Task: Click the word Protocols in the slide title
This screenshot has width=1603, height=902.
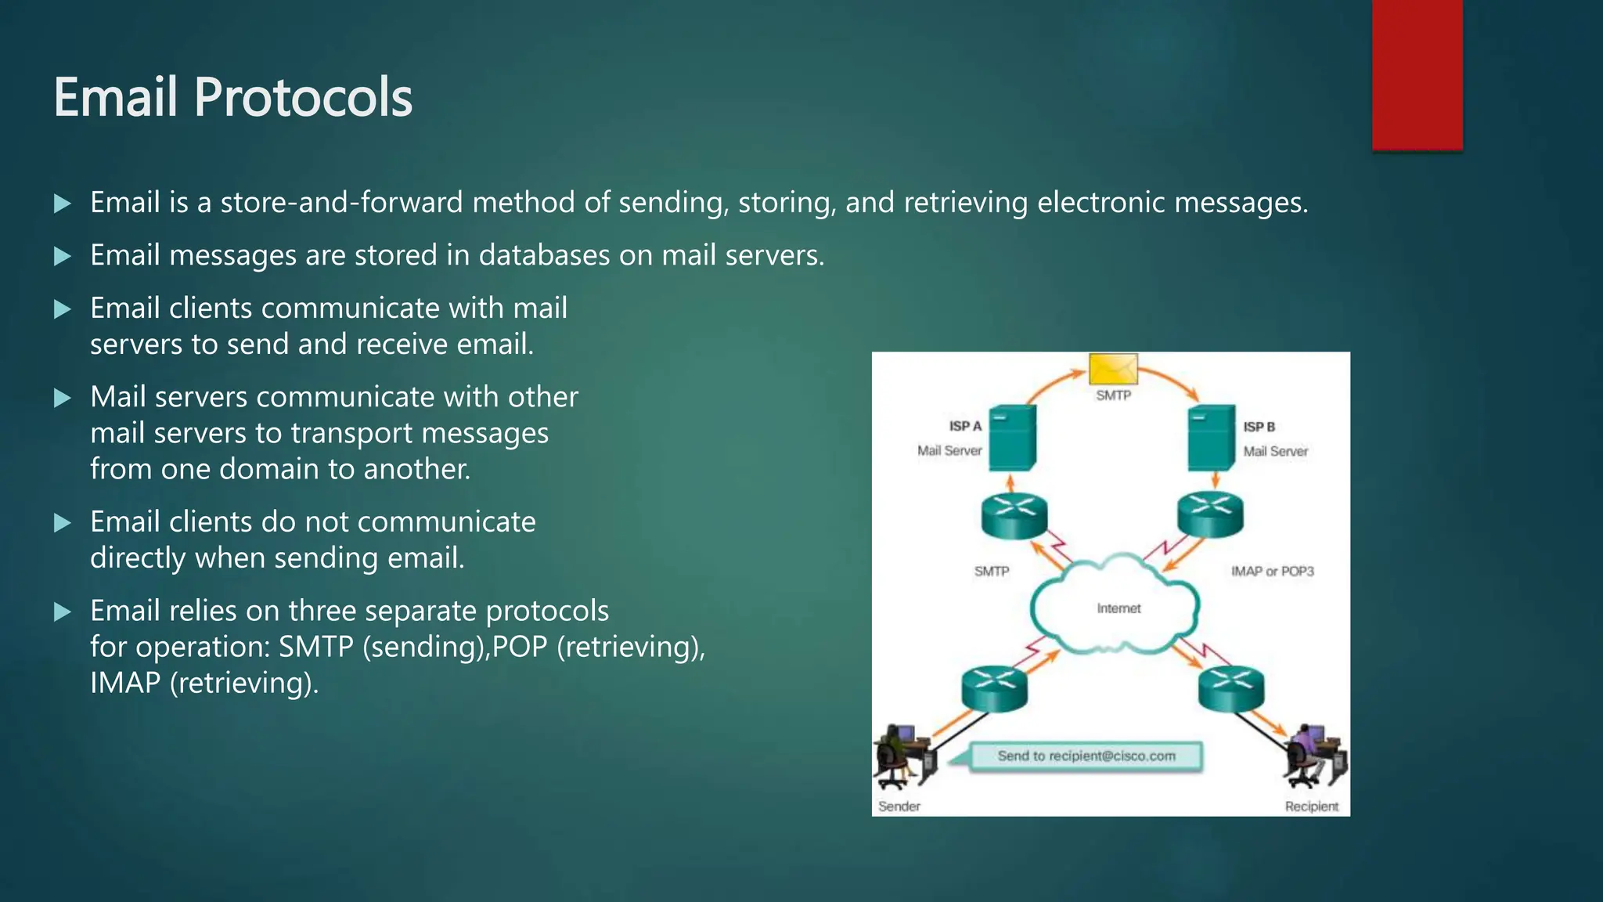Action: click(x=302, y=98)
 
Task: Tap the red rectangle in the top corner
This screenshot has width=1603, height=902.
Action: click(x=1417, y=74)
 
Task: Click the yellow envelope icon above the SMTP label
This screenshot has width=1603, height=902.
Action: click(x=1113, y=369)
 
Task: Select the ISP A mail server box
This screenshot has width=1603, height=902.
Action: click(x=1012, y=438)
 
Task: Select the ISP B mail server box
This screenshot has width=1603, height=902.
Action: click(x=1211, y=438)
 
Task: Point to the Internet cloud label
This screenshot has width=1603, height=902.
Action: click(x=1118, y=608)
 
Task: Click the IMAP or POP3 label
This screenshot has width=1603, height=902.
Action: click(x=1272, y=572)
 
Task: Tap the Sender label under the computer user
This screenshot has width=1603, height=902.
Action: click(x=899, y=806)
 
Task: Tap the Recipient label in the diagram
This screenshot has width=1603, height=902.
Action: click(x=1311, y=806)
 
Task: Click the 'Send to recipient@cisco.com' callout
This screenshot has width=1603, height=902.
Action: click(x=1086, y=756)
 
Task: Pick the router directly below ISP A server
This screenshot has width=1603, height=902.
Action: click(x=1014, y=515)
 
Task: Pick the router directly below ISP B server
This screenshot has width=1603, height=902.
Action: click(x=1210, y=514)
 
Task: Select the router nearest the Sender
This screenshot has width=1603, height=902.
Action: click(x=994, y=688)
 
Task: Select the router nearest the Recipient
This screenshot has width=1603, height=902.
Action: click(x=1231, y=688)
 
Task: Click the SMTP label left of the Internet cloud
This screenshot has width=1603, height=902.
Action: click(x=991, y=572)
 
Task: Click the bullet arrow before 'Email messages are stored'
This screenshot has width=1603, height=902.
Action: click(x=63, y=256)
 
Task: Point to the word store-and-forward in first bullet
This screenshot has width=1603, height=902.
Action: click(x=342, y=203)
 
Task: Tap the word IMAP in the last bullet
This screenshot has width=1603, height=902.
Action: click(x=124, y=683)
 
